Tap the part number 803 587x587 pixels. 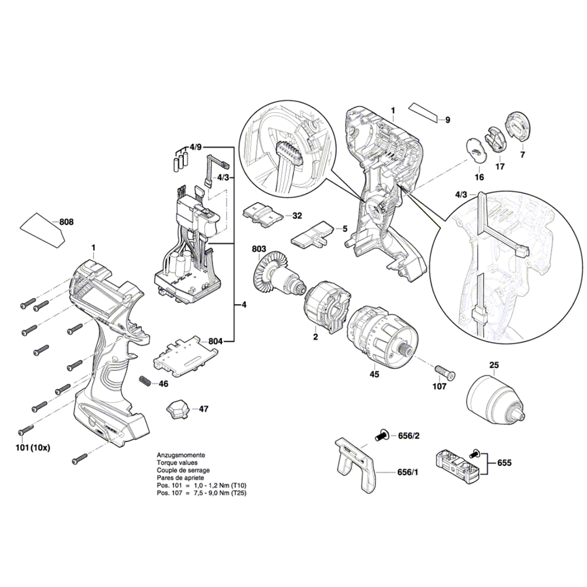pyautogui.click(x=258, y=249)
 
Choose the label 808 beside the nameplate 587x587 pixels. pyautogui.click(x=67, y=222)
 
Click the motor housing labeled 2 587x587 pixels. pyautogui.click(x=325, y=305)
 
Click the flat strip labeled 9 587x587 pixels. pyautogui.click(x=424, y=111)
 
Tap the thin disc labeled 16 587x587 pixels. pyautogui.click(x=476, y=150)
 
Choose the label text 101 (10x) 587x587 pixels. pyautogui.click(x=33, y=447)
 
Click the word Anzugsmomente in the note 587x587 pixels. pyautogui.click(x=181, y=456)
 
